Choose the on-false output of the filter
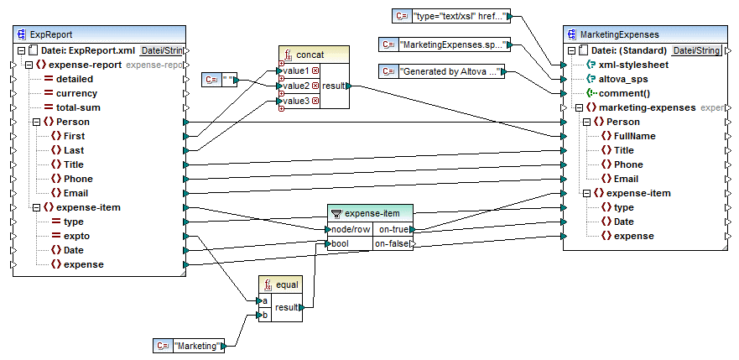[393, 244]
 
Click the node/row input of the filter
[351, 229]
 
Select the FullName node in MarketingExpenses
[634, 136]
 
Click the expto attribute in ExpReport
[76, 236]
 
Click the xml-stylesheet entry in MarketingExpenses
[633, 65]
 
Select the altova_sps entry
[627, 79]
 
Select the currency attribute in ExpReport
[76, 93]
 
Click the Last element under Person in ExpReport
[74, 150]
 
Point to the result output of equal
[287, 308]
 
